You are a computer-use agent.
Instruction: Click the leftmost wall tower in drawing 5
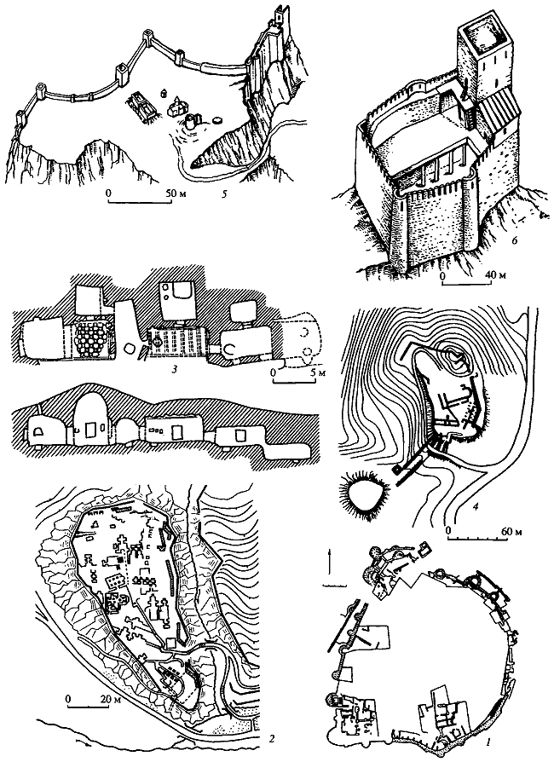point(20,118)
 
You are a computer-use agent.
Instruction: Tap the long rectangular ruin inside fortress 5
point(141,107)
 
